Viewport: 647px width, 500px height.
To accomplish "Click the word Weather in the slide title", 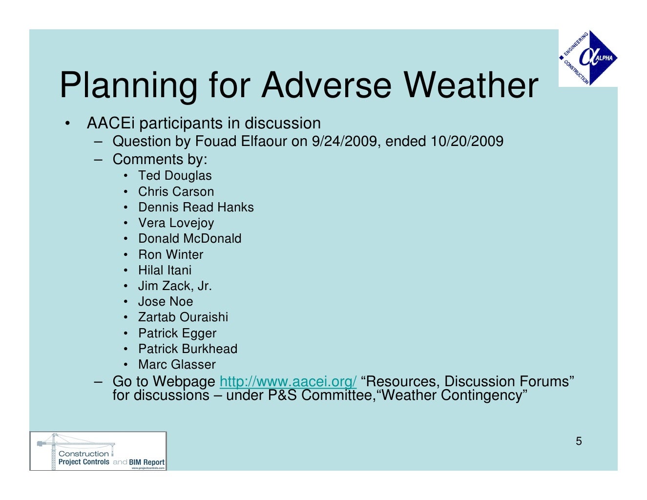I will pos(471,85).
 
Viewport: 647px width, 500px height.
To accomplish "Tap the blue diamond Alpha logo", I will pos(588,58).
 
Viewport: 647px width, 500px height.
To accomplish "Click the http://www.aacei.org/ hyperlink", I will pos(288,381).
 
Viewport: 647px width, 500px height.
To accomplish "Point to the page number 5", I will pos(579,441).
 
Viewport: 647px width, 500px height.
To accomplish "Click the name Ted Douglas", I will pos(175,176).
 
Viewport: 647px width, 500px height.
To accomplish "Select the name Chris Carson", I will pos(176,191).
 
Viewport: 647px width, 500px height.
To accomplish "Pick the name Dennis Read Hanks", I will pos(196,207).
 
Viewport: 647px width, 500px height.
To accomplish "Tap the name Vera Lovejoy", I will pos(176,223).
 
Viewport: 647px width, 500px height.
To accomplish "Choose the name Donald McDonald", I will pos(189,238).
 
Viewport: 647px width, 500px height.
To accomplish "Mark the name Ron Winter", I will pos(170,254).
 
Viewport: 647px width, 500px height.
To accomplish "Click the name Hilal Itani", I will pos(165,270).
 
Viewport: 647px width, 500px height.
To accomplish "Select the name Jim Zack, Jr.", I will pos(175,286).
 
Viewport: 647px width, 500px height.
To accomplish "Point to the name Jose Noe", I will pos(166,301).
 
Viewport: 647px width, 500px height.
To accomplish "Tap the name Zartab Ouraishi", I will pos(183,317).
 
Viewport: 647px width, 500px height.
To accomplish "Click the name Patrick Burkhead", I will pos(188,349).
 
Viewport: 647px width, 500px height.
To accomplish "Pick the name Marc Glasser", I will pos(177,364).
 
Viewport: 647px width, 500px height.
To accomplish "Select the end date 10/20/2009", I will pos(466,142).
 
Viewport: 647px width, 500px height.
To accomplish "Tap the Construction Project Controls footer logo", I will pos(98,451).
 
